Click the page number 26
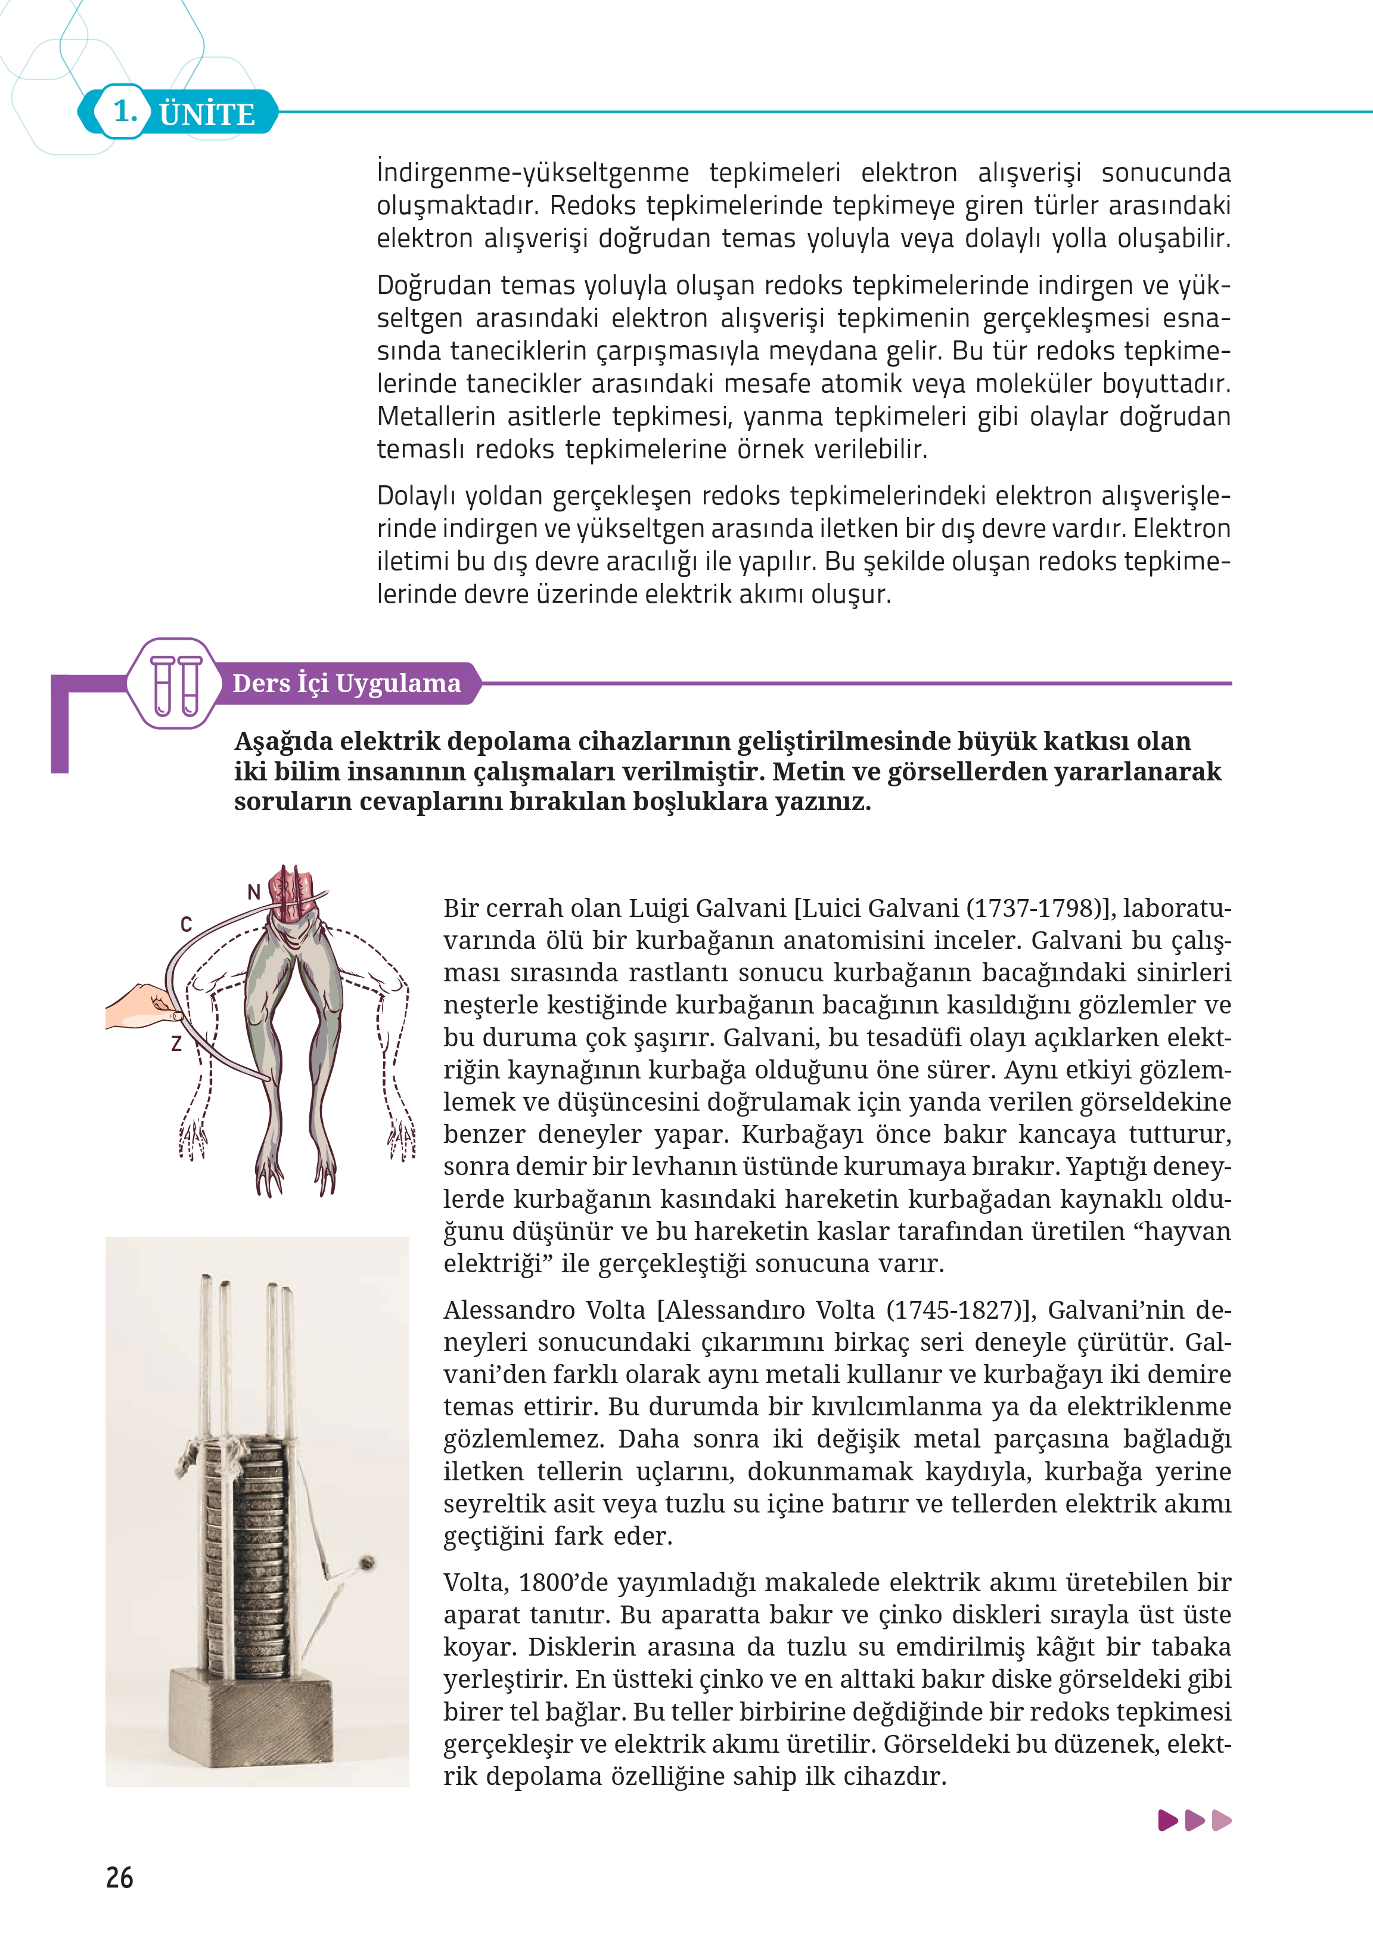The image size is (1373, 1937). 119,1878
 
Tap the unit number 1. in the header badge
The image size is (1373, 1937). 125,111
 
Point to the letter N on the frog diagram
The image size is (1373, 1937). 254,891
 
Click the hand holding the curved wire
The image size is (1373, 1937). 139,1006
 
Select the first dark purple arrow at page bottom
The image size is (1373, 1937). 1167,1820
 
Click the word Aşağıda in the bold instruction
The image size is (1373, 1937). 283,742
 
